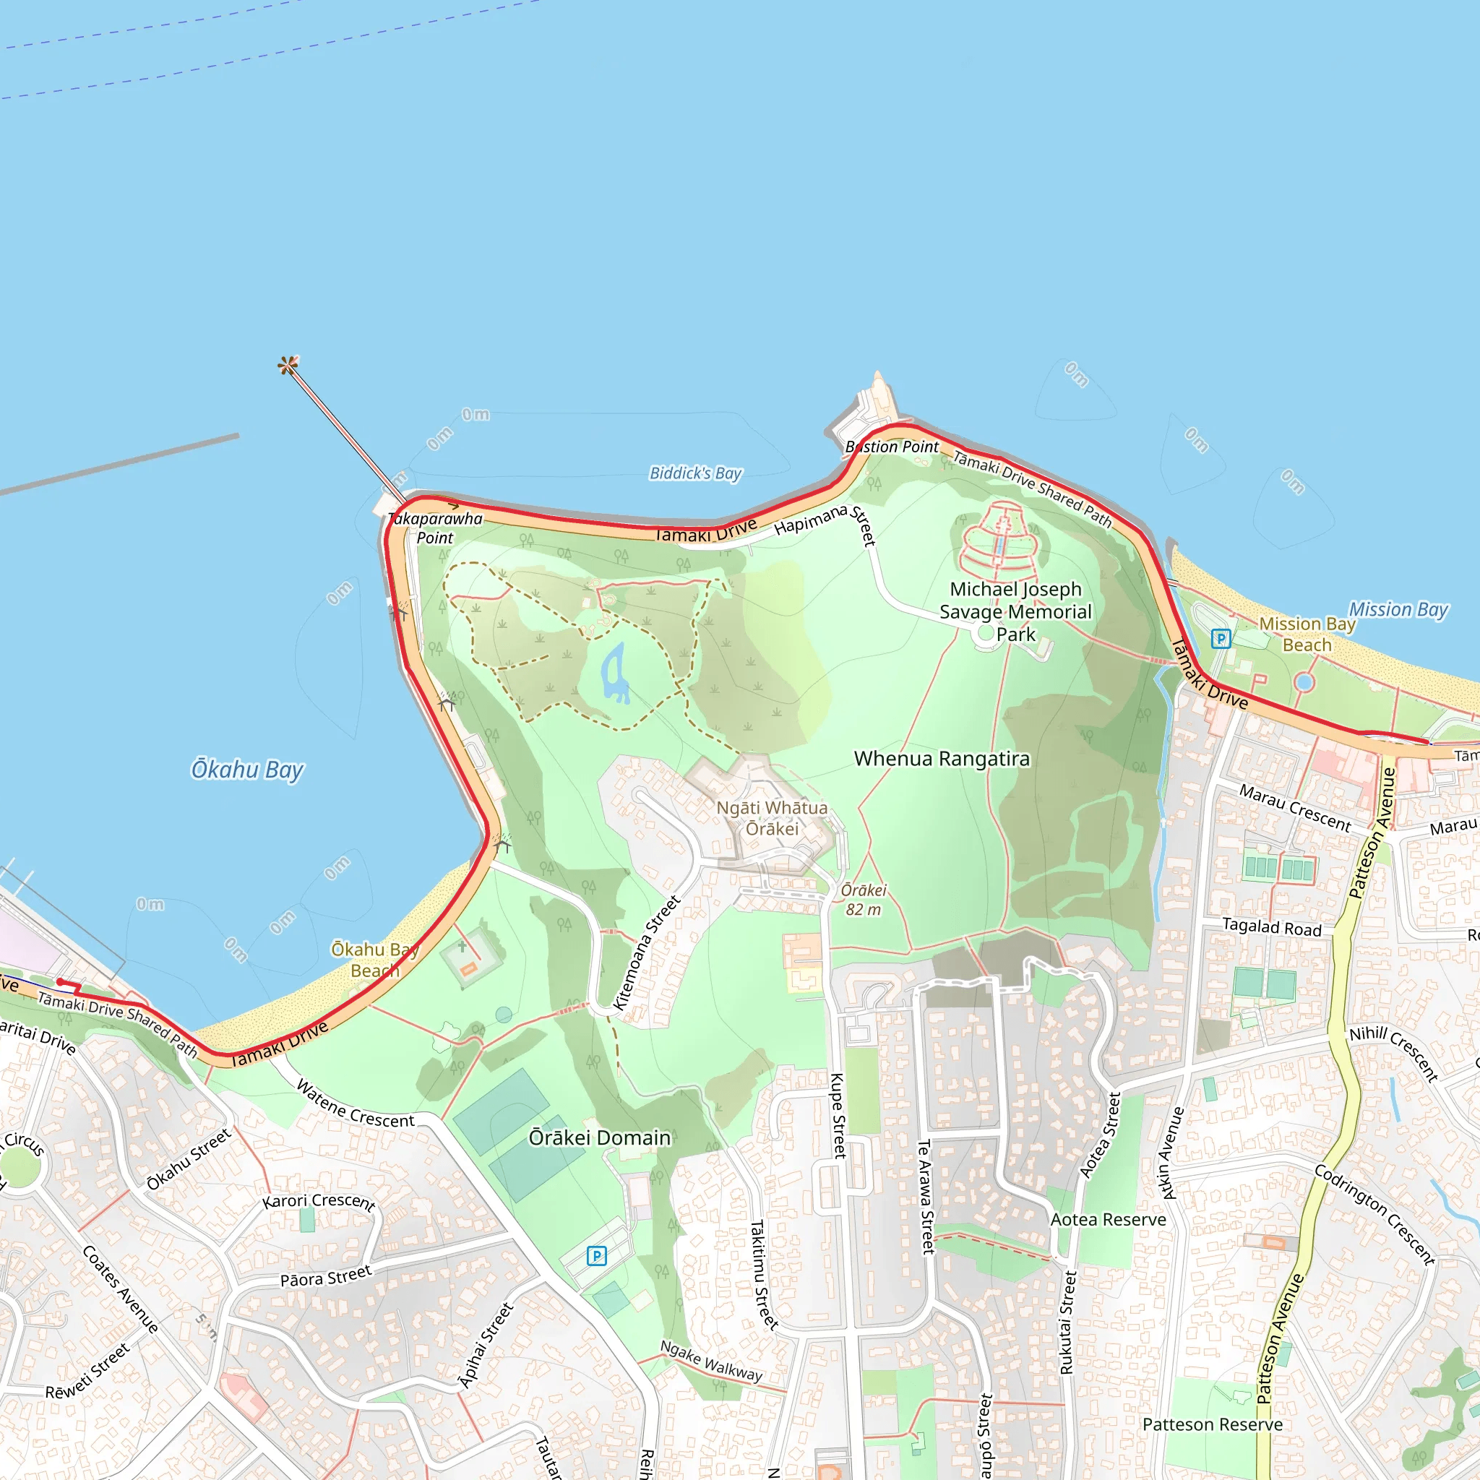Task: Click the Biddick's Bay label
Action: [x=696, y=473]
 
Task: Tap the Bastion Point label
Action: [x=892, y=447]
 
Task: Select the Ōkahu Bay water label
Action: [x=247, y=769]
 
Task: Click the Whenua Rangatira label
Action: [x=942, y=758]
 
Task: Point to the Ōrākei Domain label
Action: [x=600, y=1137]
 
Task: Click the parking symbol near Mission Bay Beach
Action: [x=1221, y=638]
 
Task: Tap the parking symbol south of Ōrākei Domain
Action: [x=596, y=1255]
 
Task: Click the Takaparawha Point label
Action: [x=435, y=528]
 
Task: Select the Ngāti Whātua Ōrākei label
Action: [x=773, y=818]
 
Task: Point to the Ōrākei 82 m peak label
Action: [x=864, y=899]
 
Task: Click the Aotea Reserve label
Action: [x=1108, y=1220]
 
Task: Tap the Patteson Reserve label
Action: [x=1212, y=1424]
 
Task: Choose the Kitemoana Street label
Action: [x=647, y=952]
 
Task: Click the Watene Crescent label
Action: [x=356, y=1105]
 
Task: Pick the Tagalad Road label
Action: [x=1272, y=927]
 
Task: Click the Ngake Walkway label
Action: [x=711, y=1361]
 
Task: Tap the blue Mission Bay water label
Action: [x=1398, y=610]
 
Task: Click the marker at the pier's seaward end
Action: [x=288, y=365]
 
